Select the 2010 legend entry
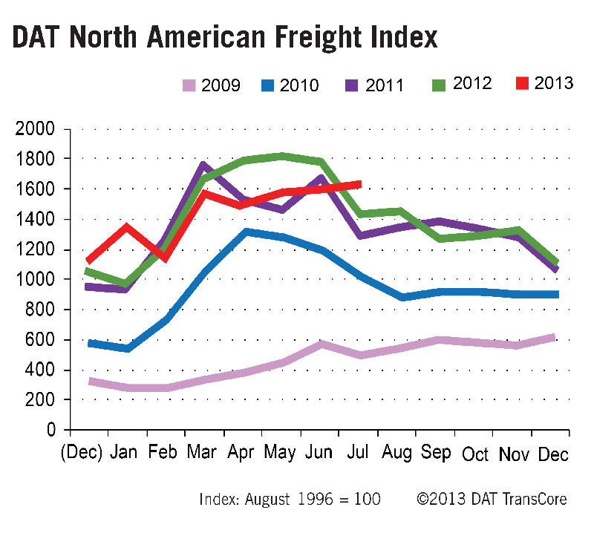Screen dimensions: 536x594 pos(289,85)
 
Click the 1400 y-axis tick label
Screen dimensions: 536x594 pos(36,219)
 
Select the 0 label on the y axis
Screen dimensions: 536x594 pos(51,430)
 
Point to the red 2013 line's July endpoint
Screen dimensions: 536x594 pos(359,183)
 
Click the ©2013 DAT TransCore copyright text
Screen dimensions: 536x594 pos(492,499)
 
